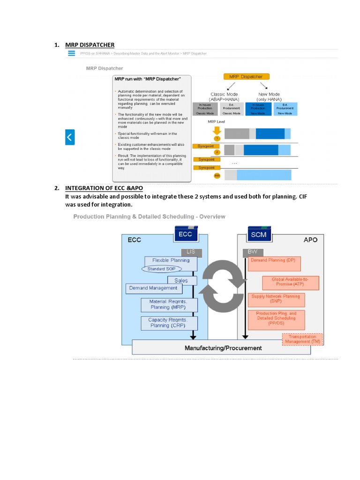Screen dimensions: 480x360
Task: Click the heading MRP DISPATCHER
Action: [90, 45]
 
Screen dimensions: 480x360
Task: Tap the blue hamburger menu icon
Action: [72, 53]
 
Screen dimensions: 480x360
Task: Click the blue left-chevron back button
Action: [70, 137]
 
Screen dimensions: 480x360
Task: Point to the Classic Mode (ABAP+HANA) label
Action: [224, 97]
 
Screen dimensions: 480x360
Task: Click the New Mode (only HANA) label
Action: [269, 97]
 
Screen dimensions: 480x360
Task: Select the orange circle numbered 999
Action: [217, 175]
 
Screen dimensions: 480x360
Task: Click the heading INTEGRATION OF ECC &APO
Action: [104, 188]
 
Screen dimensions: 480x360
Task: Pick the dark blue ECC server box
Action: [185, 234]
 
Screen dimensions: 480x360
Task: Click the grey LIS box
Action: [191, 252]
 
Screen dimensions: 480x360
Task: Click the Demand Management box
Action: [153, 288]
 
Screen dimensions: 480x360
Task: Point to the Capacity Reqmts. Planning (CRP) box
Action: [169, 322]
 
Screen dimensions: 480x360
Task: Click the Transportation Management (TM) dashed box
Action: [302, 339]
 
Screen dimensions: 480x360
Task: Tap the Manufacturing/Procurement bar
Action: [223, 348]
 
